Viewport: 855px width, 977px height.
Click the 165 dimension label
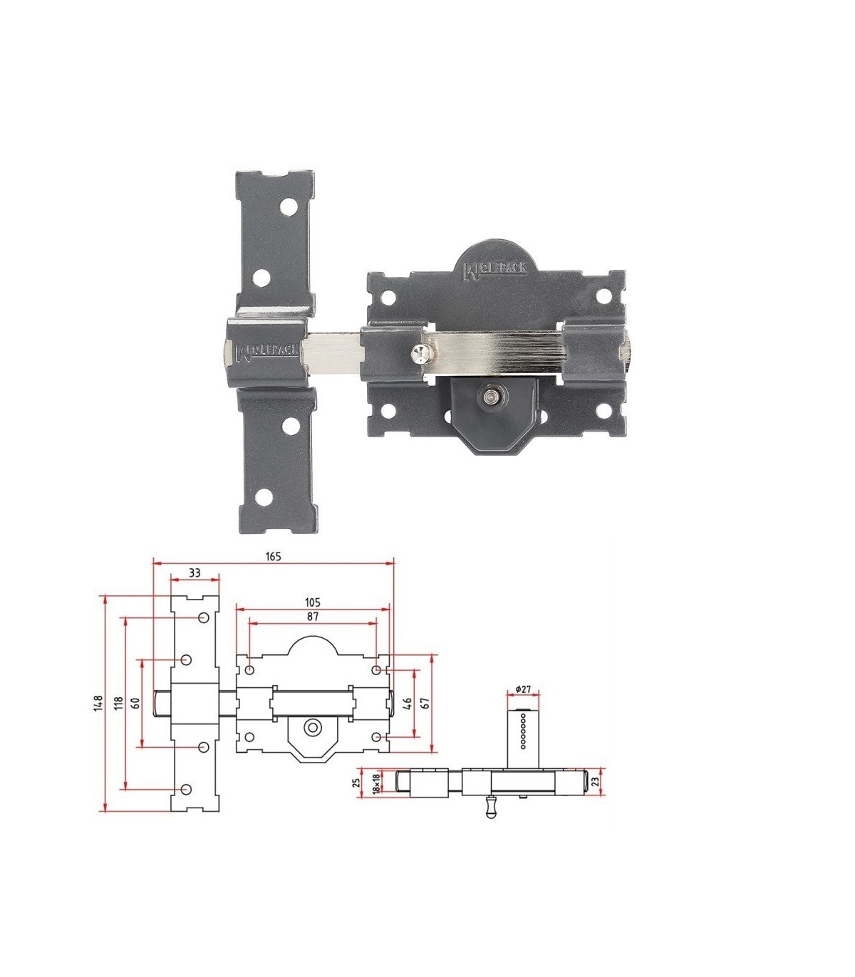click(273, 556)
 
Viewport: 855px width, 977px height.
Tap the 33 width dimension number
click(195, 573)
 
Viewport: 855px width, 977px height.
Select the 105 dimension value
click(312, 602)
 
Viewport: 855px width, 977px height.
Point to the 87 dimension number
click(312, 617)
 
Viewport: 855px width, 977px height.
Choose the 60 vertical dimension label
click(135, 703)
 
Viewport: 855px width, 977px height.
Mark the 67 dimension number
click(425, 704)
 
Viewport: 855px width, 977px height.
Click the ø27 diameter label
click(524, 689)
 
